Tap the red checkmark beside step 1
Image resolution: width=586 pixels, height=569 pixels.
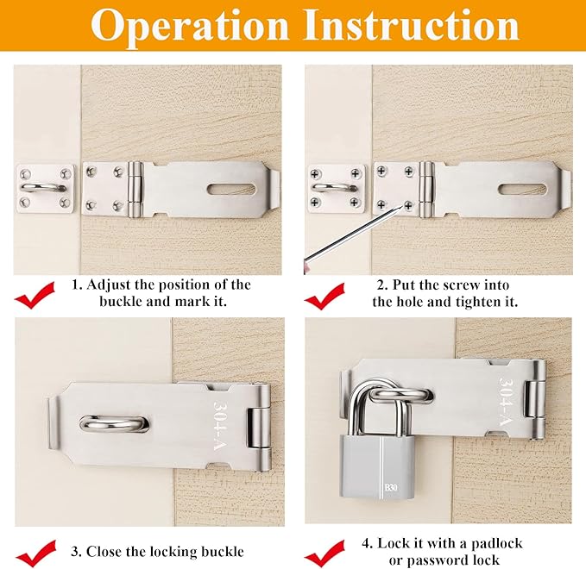point(35,297)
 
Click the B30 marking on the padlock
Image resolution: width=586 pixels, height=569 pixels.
point(393,489)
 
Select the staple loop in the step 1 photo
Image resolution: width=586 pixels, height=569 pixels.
point(40,184)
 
